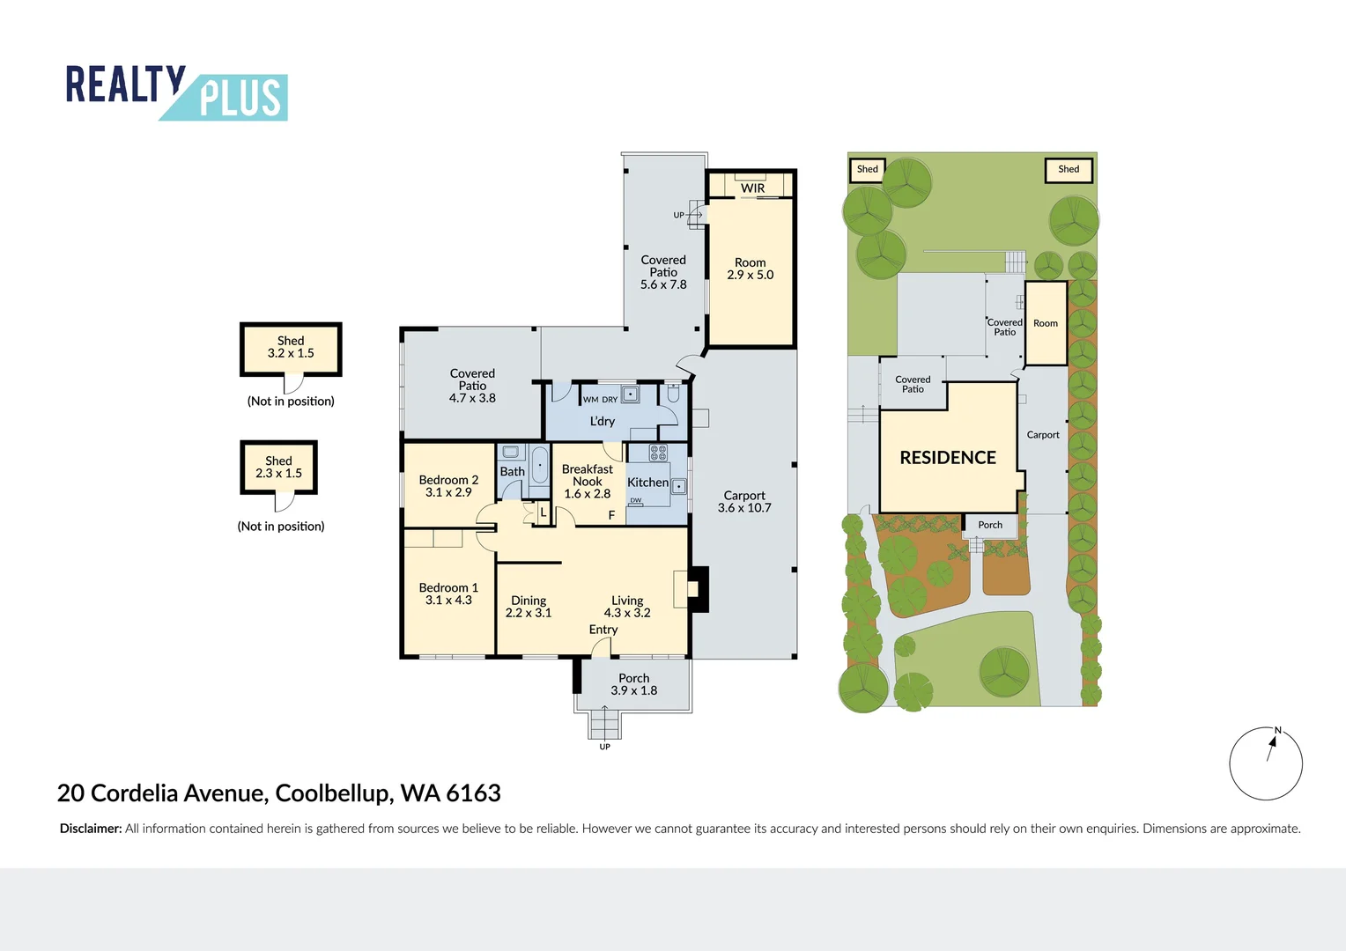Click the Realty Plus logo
click(x=176, y=92)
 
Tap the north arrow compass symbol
click(x=1266, y=763)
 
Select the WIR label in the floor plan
click(x=752, y=188)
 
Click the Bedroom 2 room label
click(x=448, y=480)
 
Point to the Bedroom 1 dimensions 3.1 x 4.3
click(x=448, y=601)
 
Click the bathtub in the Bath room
click(x=539, y=465)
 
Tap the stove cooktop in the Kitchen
click(x=658, y=453)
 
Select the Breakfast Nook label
click(x=588, y=475)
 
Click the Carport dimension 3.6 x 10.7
click(x=744, y=508)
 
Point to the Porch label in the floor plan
click(x=633, y=678)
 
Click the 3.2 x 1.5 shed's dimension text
click(x=291, y=353)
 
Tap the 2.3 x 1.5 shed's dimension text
click(x=278, y=473)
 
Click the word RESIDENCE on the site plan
click(x=948, y=458)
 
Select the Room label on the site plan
click(x=1046, y=323)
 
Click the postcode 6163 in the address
click(x=473, y=793)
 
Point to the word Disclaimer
click(x=90, y=829)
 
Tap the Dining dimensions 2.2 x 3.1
click(x=529, y=613)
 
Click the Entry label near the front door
click(x=603, y=630)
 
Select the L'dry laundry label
click(x=603, y=422)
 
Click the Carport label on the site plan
click(x=1043, y=435)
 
